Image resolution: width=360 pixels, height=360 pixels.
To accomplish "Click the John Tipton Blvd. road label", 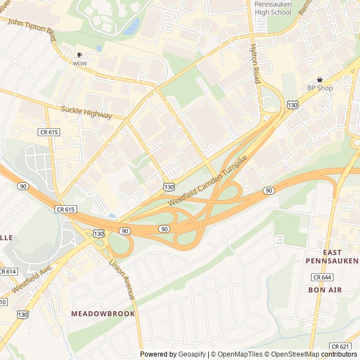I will click(x=32, y=30).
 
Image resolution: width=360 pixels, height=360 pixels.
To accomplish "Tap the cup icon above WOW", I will click(x=79, y=55).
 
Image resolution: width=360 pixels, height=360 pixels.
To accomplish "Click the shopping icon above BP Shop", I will click(x=320, y=79).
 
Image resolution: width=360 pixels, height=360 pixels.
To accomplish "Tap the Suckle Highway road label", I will click(x=87, y=111).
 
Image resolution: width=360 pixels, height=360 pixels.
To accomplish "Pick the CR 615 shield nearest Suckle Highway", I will click(x=49, y=132).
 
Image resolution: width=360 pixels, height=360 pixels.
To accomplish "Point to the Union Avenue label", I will click(x=122, y=280).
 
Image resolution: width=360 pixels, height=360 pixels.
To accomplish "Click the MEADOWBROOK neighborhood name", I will click(x=103, y=313).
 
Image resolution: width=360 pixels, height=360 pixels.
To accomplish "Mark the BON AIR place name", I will click(x=325, y=290).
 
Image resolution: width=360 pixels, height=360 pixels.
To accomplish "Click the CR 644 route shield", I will click(x=323, y=277).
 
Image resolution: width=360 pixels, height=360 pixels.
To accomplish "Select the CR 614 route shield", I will click(x=7, y=271).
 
